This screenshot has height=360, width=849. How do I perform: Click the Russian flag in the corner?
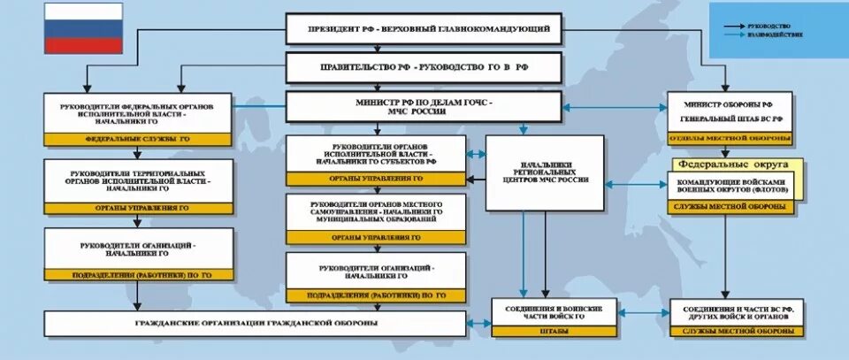click(84, 29)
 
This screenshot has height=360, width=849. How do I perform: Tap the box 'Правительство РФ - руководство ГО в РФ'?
click(424, 66)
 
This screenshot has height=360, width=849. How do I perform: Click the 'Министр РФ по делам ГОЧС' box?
click(424, 107)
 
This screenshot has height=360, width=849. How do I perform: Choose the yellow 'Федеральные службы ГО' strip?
click(140, 139)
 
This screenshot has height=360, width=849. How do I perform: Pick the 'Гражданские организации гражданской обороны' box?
click(256, 324)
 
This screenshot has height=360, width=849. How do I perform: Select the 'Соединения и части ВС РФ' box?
click(736, 311)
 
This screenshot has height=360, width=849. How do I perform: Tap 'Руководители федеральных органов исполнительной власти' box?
click(140, 112)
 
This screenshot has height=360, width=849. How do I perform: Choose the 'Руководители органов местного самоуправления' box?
click(377, 213)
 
